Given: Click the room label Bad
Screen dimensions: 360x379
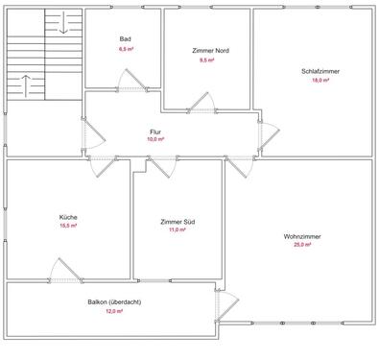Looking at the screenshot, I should (x=125, y=38).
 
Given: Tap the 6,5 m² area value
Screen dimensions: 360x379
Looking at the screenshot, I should (x=125, y=48).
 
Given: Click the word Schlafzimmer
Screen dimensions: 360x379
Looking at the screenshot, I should (x=315, y=71).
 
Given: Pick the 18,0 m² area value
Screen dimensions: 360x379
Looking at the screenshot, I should (x=315, y=81).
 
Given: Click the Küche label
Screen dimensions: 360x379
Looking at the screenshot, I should (x=68, y=217).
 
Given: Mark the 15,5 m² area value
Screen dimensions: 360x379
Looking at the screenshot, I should (x=68, y=227).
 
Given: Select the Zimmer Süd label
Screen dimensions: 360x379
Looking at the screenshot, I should (x=177, y=222).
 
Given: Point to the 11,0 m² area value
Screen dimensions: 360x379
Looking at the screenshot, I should (x=177, y=231).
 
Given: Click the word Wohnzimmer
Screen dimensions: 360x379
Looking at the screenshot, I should (x=302, y=236).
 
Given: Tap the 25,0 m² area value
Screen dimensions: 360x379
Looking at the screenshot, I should (x=302, y=246).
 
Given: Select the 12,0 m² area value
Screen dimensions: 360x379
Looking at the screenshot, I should (x=114, y=312).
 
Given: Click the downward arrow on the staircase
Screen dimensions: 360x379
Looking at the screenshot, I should (x=63, y=24).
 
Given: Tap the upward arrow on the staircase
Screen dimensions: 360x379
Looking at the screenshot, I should (x=26, y=84).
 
